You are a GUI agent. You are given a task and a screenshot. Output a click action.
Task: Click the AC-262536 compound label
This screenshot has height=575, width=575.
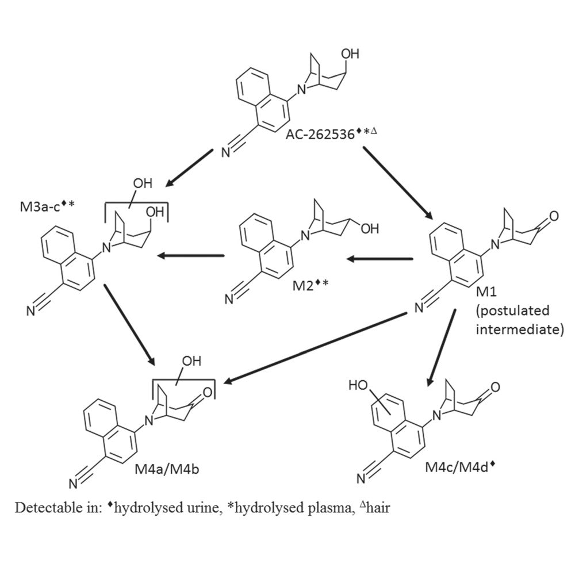319,136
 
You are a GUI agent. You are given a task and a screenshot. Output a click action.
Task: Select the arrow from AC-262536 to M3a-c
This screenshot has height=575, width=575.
190,168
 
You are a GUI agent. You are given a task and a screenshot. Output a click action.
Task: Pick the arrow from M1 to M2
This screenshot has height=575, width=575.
379,260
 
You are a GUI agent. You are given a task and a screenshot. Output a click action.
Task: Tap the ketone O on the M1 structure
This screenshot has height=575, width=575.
553,217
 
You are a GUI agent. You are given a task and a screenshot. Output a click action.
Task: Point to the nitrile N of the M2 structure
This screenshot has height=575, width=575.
229,298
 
